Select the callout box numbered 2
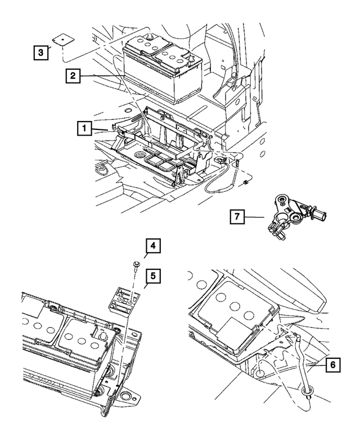73,75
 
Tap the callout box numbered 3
39,53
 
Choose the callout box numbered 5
152,277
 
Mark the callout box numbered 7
238,216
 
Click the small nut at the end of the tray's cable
246,183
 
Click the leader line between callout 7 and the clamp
256,217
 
